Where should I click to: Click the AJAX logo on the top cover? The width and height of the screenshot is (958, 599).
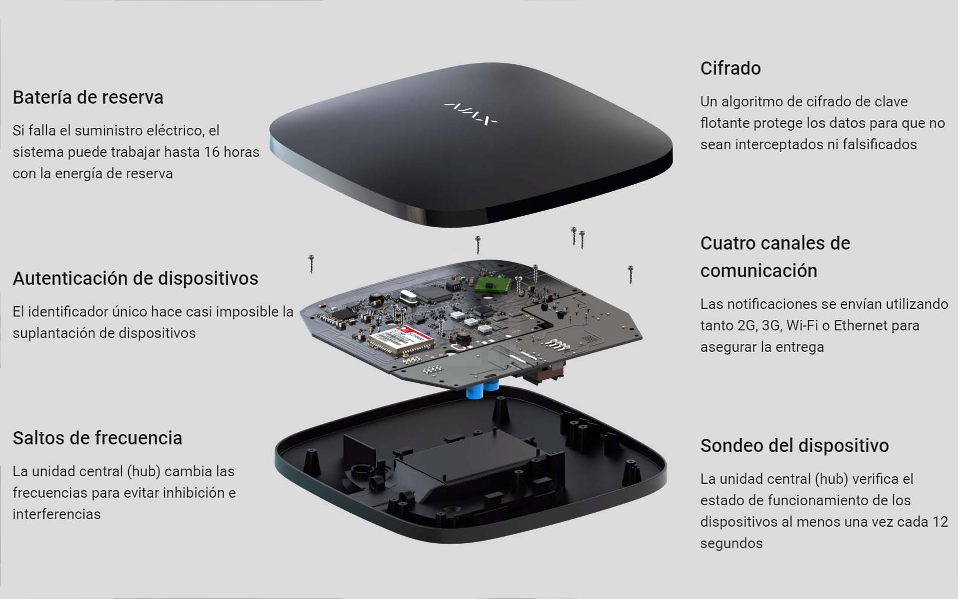pyautogui.click(x=471, y=113)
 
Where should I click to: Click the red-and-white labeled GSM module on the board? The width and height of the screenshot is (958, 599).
pyautogui.click(x=402, y=341)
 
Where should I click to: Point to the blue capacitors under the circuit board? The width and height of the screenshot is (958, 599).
pyautogui.click(x=482, y=388)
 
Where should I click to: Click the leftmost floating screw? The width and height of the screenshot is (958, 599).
pyautogui.click(x=311, y=264)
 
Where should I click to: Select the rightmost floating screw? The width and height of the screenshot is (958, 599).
pyautogui.click(x=631, y=275)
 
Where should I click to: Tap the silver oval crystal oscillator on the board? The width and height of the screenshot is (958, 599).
pyautogui.click(x=409, y=298)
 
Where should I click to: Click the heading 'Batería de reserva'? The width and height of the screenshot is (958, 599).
pyautogui.click(x=88, y=97)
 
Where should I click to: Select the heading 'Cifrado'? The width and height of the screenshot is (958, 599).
pyautogui.click(x=730, y=68)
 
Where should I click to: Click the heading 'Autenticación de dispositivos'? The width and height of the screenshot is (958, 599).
pyautogui.click(x=135, y=279)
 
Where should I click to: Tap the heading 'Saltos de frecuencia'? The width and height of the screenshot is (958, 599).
pyautogui.click(x=97, y=438)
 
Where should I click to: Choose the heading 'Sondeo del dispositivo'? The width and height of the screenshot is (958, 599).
pyautogui.click(x=794, y=446)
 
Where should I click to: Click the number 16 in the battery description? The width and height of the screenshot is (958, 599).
pyautogui.click(x=212, y=152)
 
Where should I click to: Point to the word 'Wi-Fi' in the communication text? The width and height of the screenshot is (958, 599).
pyautogui.click(x=802, y=325)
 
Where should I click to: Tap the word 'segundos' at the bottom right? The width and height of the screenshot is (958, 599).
pyautogui.click(x=731, y=544)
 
